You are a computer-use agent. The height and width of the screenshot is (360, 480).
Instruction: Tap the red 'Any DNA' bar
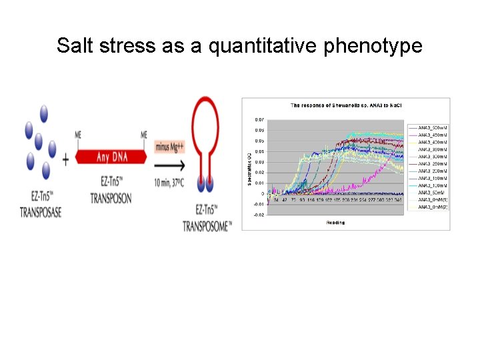pos(112,157)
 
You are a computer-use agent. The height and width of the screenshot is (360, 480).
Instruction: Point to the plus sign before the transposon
pos(65,160)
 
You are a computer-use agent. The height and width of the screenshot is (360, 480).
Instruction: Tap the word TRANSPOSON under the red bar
pos(111,198)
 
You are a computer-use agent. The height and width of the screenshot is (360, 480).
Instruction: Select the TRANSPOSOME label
pos(207,227)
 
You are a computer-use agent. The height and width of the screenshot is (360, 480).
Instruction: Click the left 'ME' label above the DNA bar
pos(79,135)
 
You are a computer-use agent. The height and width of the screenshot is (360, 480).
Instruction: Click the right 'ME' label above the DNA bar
pos(144,135)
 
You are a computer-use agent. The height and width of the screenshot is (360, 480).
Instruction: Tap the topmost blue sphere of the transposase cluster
pos(44,113)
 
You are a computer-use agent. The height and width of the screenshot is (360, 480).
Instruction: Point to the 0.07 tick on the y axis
pos(259,119)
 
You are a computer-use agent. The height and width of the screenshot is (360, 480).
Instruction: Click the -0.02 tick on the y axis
pos(259,215)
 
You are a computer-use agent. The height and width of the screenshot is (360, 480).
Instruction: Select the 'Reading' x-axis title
pos(335,223)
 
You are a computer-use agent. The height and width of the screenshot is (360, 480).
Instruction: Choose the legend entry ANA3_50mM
pos(431,192)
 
